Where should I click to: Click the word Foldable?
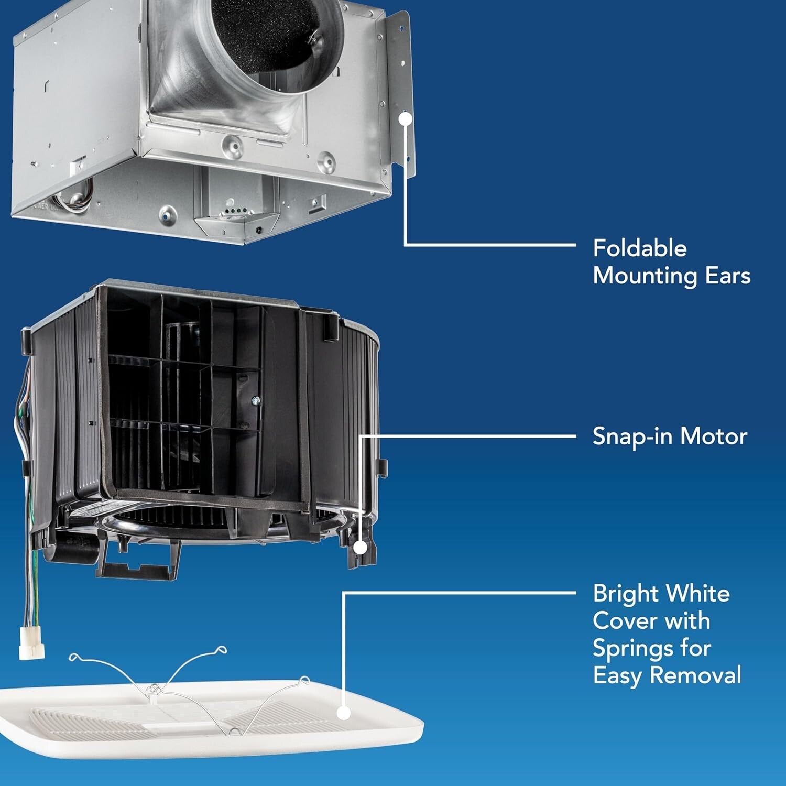pyautogui.click(x=639, y=248)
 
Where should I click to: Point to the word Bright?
pyautogui.click(x=625, y=594)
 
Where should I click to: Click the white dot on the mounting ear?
pyautogui.click(x=405, y=119)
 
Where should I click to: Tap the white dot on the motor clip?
pyautogui.click(x=361, y=548)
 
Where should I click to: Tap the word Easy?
pyautogui.click(x=617, y=675)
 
